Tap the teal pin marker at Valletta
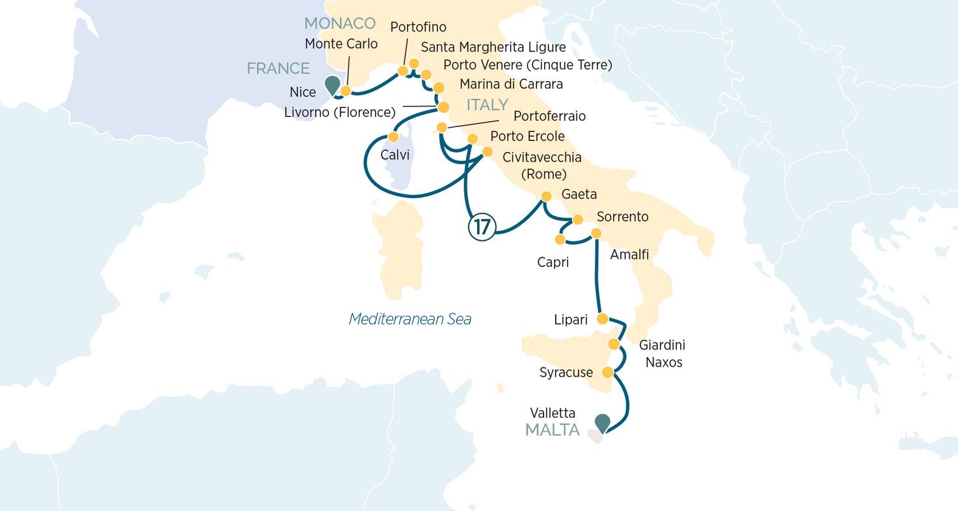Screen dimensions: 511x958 click(602, 423)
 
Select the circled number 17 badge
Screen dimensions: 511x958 click(482, 227)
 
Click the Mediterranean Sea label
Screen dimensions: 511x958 click(410, 319)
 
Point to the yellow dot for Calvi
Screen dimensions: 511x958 click(393, 137)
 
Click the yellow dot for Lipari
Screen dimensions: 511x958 click(602, 318)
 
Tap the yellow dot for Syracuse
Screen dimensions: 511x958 click(608, 372)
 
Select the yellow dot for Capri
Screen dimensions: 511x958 click(560, 240)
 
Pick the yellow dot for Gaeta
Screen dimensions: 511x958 click(546, 196)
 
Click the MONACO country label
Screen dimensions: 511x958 click(340, 24)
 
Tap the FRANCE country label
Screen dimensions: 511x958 click(278, 68)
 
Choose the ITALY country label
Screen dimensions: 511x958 click(487, 105)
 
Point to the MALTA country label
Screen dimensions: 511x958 click(552, 430)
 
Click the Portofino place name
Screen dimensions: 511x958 click(418, 27)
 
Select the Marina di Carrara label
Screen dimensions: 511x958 click(511, 84)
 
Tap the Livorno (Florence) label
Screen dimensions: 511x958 click(340, 112)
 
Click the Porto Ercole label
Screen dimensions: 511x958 click(528, 137)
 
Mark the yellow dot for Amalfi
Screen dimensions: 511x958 click(596, 233)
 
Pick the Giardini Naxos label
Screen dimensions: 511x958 click(663, 354)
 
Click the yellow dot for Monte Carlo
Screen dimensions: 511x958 click(346, 91)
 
